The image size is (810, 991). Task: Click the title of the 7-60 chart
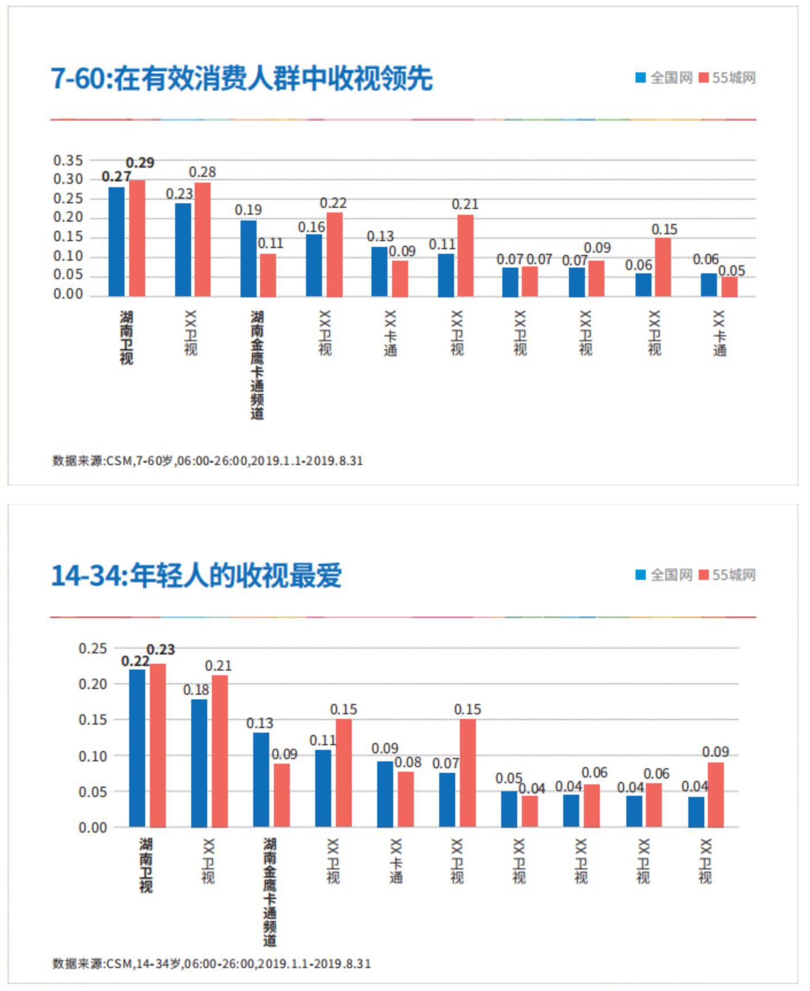241,78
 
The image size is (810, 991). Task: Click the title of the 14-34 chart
196,575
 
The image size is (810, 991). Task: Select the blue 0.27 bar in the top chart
117,241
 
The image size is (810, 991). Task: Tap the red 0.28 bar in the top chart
203,239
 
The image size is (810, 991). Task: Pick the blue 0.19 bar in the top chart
249,258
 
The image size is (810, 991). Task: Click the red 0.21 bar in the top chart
466,256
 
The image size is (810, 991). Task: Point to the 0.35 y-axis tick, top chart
68,160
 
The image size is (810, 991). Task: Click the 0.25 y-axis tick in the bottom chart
92,648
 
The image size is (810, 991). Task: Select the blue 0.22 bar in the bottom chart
137,748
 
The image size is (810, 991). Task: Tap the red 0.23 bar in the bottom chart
158,745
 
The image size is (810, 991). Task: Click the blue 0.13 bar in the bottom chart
261,779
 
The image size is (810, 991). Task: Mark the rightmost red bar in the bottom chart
716,795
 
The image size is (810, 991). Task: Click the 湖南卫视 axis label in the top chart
126,338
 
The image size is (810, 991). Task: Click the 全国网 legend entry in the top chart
664,78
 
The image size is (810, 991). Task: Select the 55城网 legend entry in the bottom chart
727,575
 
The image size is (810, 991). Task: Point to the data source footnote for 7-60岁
207,460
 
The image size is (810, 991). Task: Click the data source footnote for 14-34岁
211,963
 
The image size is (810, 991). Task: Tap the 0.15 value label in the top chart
664,230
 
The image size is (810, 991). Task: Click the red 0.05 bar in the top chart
730,287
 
